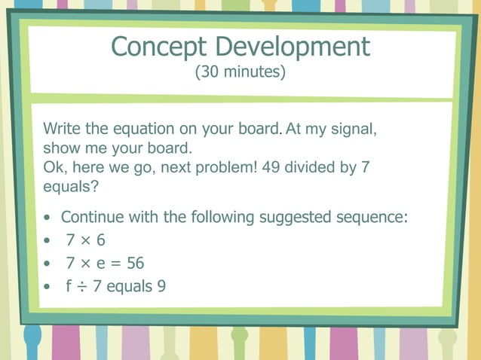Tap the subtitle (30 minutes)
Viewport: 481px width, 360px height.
[x=240, y=73]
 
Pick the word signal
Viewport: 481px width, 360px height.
[x=354, y=129]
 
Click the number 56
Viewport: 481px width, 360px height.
[x=135, y=264]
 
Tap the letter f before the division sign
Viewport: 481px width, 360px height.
[x=69, y=286]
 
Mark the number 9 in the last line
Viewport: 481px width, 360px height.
[x=161, y=286]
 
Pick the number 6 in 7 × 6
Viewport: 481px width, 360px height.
[x=100, y=241]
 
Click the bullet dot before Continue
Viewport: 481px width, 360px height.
[x=47, y=218]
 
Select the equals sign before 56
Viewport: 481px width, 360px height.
[x=118, y=264]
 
